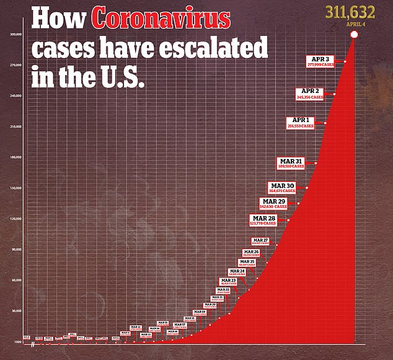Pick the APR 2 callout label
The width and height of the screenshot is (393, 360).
tap(309, 94)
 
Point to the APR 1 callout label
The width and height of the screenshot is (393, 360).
tap(300, 122)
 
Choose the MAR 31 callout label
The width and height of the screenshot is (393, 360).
tap(290, 163)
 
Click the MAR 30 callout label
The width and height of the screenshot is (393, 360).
tap(281, 188)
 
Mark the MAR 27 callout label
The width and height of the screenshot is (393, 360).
tap(260, 241)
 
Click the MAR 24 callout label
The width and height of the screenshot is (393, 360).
tap(237, 273)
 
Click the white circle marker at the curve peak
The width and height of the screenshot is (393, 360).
tap(354, 42)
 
